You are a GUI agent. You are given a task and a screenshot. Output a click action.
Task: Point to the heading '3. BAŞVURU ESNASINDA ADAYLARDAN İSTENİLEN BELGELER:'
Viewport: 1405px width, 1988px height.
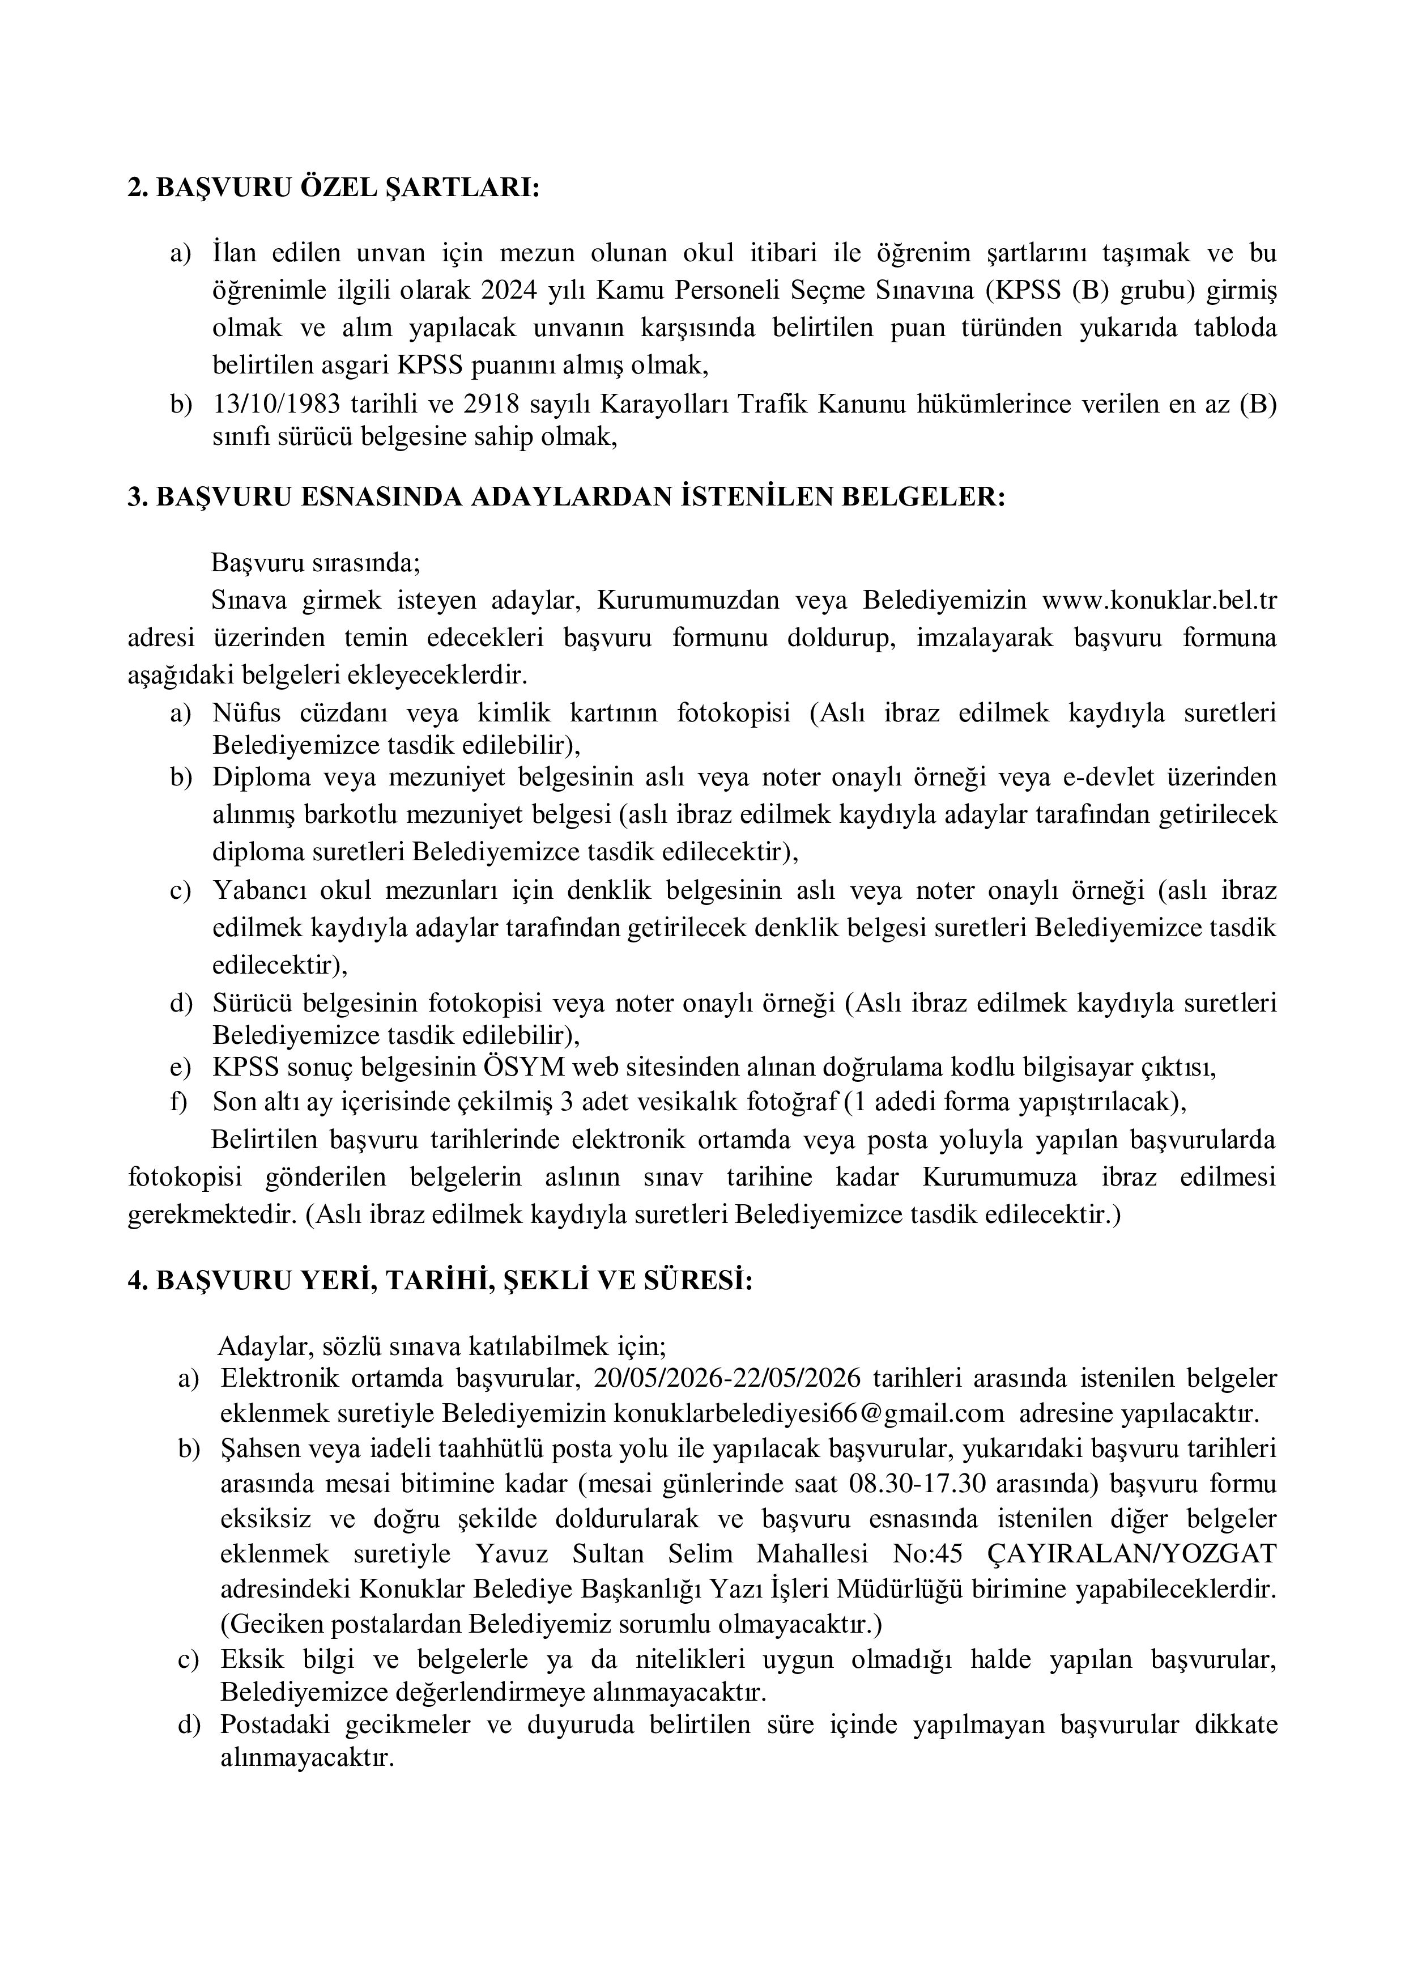567,498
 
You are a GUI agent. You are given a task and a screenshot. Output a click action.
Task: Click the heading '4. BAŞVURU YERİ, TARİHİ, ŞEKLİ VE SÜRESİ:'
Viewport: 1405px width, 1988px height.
441,1281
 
